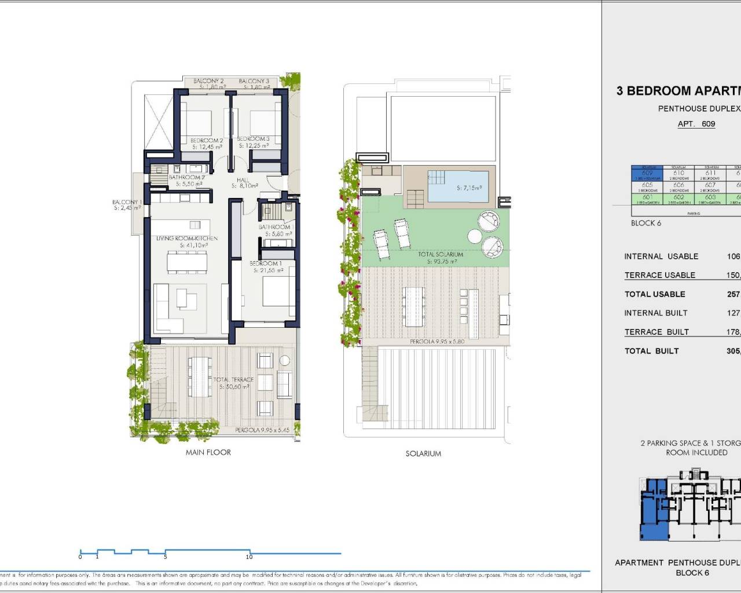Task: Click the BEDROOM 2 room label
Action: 207,141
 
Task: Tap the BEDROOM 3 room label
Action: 254,139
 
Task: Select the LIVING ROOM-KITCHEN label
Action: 187,239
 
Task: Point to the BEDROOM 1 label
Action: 266,263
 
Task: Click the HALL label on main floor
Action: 243,180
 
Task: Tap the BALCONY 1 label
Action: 126,202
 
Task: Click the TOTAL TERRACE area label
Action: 233,380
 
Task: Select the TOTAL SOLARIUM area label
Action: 441,254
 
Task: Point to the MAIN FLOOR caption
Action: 208,452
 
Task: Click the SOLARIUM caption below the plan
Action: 423,454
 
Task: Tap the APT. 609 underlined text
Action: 696,124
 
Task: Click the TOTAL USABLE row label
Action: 654,294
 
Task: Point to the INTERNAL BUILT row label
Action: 655,313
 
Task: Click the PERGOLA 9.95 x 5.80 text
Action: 438,342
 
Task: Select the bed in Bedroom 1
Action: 278,291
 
